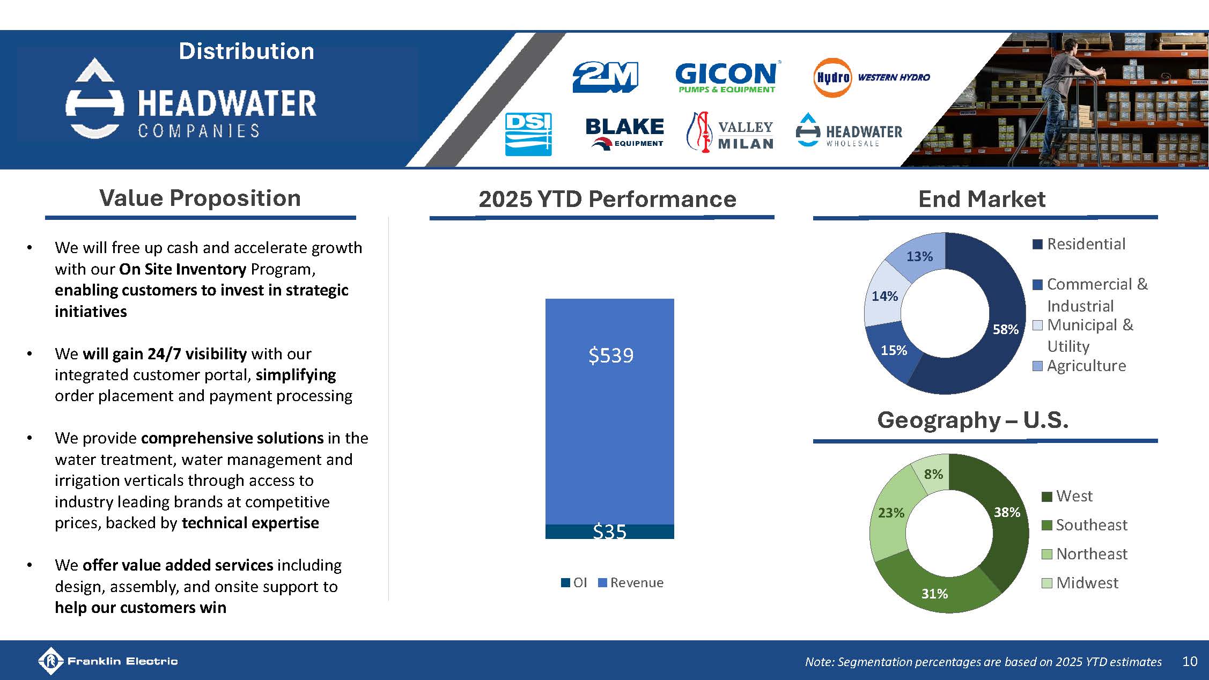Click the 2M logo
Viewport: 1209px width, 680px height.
coord(605,77)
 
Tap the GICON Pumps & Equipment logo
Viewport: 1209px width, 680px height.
coord(726,77)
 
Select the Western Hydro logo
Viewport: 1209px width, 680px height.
coord(872,78)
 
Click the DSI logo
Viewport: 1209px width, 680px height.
coord(528,134)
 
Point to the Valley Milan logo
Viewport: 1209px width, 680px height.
coord(730,134)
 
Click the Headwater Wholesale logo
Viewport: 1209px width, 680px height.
coord(849,131)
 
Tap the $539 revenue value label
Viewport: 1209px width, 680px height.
coord(610,356)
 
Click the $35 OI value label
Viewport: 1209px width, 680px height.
coord(609,531)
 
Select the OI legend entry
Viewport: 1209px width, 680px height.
coord(574,583)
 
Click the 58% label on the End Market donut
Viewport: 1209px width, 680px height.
coord(1005,330)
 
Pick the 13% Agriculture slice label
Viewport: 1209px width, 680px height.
coord(919,257)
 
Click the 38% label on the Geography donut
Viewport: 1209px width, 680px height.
coord(1007,513)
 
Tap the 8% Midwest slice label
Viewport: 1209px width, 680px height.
coord(933,474)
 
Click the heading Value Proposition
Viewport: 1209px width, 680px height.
coord(200,198)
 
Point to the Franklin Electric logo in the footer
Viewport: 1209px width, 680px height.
coord(108,661)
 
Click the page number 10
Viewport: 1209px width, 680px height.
coord(1189,661)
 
